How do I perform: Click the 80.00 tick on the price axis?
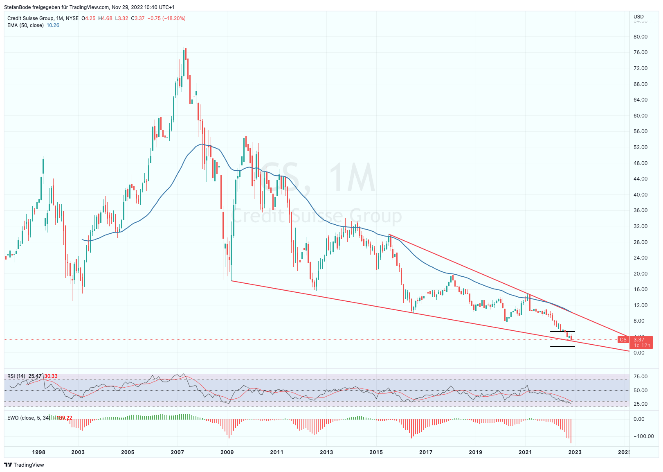tap(641, 37)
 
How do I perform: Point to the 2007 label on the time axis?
tap(178, 452)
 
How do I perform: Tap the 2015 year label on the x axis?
tap(376, 452)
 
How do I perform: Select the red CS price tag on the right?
tap(623, 340)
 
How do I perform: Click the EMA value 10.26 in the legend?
tap(53, 25)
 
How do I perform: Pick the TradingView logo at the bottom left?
tap(24, 465)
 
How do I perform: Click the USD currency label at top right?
tap(638, 17)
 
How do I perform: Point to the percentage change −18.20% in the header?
tap(174, 18)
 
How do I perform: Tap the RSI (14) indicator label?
tap(16, 376)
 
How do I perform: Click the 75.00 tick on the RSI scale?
tap(641, 377)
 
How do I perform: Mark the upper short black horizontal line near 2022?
tap(562, 332)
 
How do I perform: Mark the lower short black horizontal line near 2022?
tap(562, 346)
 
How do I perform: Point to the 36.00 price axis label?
tap(641, 210)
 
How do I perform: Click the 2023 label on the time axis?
tap(575, 452)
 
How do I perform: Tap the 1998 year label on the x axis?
tap(39, 452)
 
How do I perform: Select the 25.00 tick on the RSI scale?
tap(641, 404)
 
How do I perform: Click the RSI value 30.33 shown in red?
tap(51, 376)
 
